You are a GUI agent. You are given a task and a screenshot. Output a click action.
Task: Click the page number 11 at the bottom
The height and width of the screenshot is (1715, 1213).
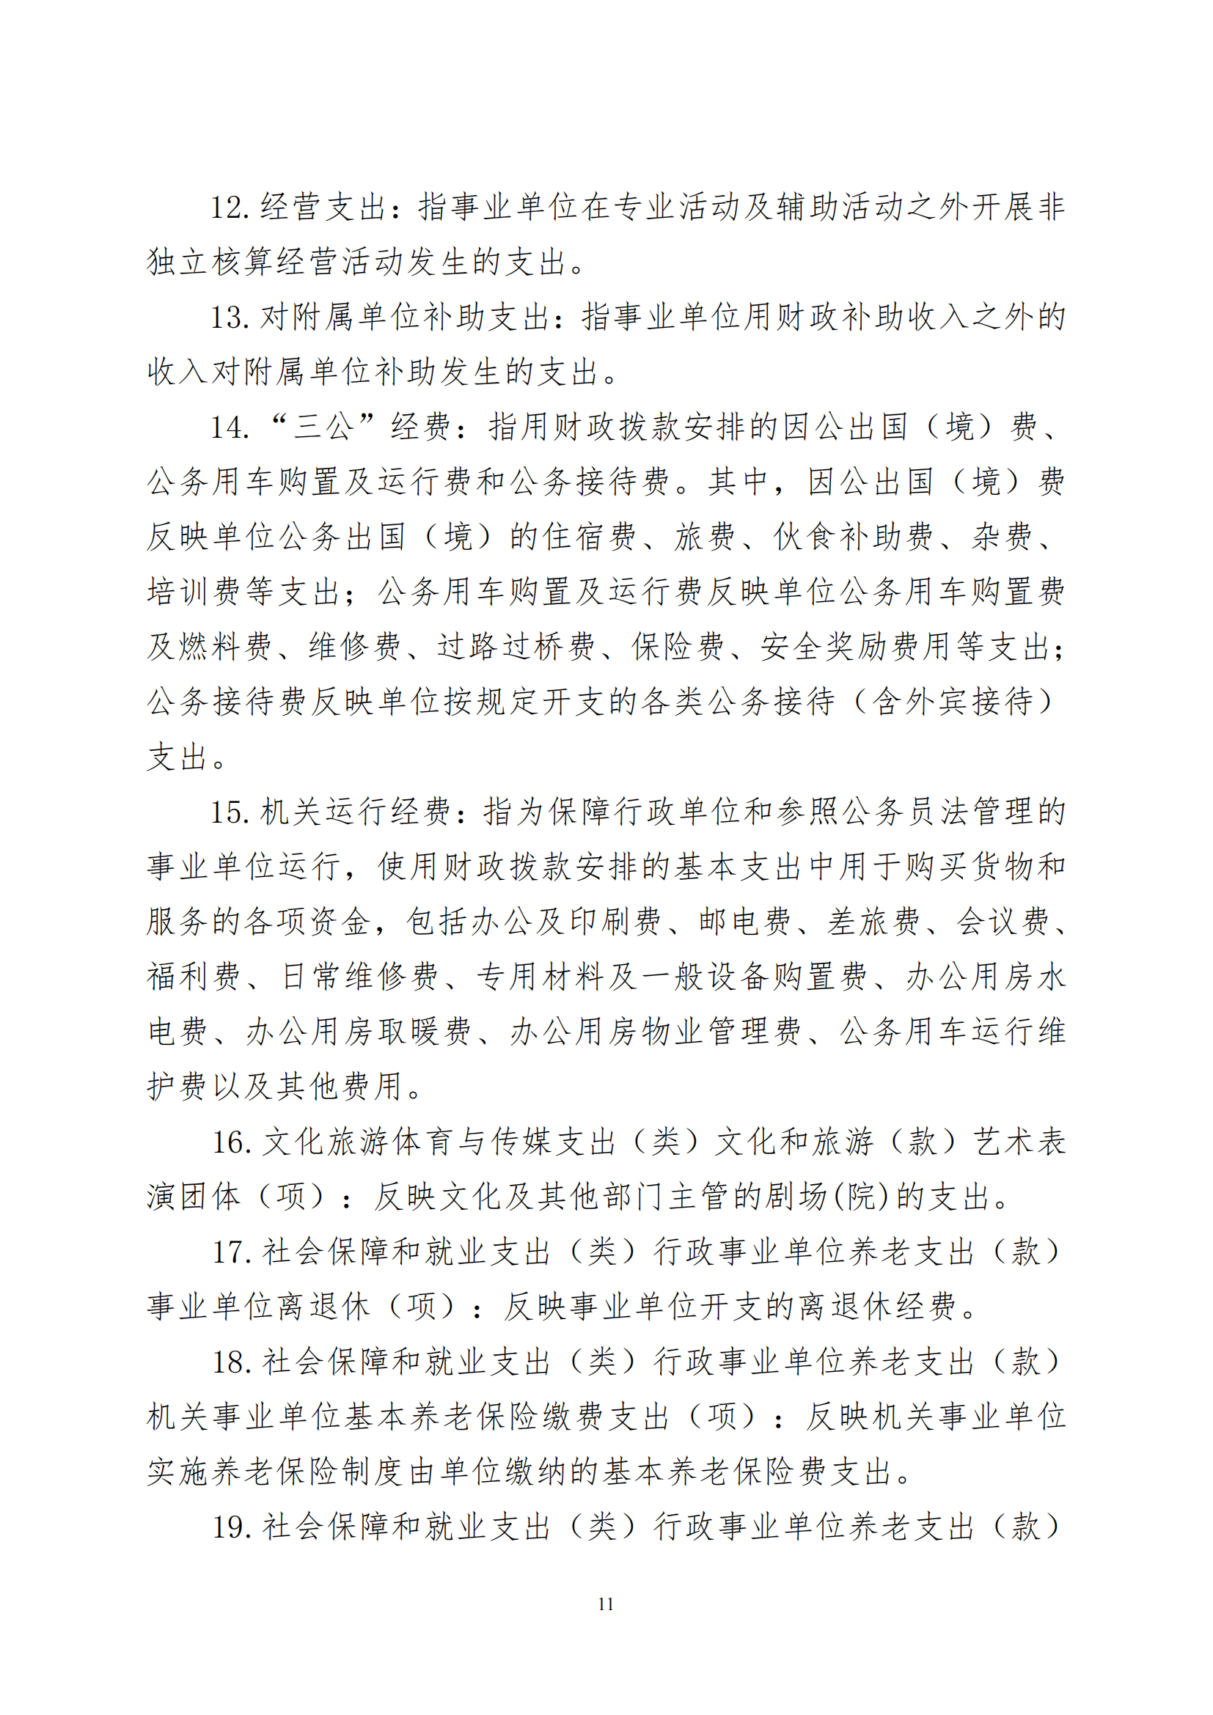click(606, 1604)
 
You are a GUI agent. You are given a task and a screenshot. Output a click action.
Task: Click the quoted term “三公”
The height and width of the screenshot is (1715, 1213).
click(322, 427)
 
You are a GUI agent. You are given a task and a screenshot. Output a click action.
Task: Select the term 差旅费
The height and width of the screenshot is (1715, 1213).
click(874, 922)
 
